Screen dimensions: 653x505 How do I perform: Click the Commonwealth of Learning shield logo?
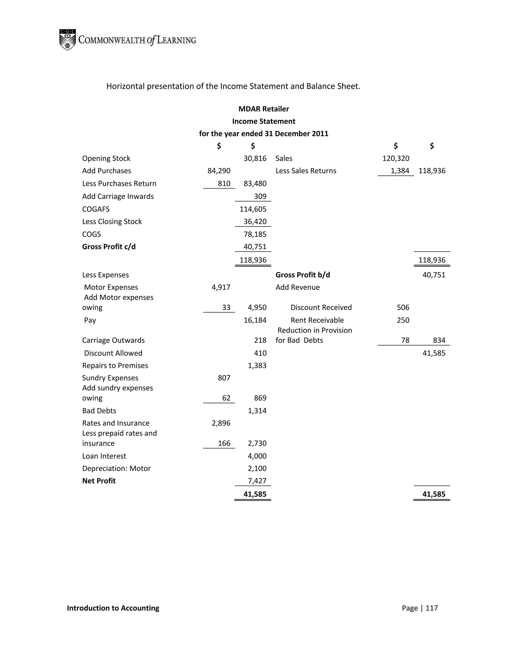tap(67, 40)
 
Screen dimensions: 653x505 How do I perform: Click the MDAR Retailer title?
tap(264, 109)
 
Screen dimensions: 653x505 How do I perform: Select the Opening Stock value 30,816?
tap(255, 158)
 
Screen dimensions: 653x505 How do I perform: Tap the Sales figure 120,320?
tap(396, 158)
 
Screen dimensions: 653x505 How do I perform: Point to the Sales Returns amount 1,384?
tap(400, 171)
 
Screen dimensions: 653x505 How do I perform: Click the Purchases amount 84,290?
tap(219, 171)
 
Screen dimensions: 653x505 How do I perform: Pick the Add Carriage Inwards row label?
tap(118, 196)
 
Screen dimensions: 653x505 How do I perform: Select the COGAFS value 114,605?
tap(253, 209)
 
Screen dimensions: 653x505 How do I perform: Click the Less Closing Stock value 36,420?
tap(255, 222)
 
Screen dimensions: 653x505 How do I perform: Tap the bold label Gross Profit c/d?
tap(109, 247)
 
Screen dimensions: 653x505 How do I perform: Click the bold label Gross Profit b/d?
tap(303, 275)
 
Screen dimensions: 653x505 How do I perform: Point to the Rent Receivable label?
tap(317, 320)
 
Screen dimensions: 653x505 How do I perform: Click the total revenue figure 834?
tap(439, 340)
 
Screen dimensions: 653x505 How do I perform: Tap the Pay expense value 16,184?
tap(255, 320)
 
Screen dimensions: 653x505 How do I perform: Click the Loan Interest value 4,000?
tap(257, 456)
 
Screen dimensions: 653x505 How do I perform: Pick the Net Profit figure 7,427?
tap(257, 481)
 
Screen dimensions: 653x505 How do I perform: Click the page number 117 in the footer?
tap(432, 608)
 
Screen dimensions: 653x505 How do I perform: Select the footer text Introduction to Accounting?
tap(113, 608)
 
